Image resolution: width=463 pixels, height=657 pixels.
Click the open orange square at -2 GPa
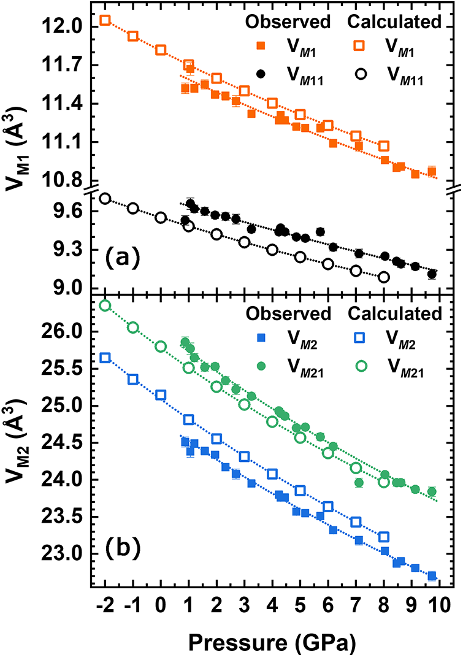105,20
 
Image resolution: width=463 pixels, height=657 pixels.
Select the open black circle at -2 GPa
105,198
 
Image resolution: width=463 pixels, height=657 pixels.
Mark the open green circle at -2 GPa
105,305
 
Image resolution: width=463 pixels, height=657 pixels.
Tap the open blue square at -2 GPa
105,358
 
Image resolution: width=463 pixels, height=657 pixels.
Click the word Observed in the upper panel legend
288,22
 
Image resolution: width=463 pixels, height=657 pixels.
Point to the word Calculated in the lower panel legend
394,313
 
